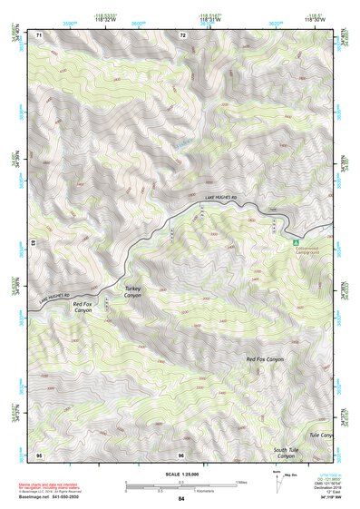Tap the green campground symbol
pyautogui.click(x=295, y=242)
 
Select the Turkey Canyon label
pyautogui.click(x=133, y=292)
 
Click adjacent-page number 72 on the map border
pyautogui.click(x=182, y=34)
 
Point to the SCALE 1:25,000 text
pyautogui.click(x=181, y=475)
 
